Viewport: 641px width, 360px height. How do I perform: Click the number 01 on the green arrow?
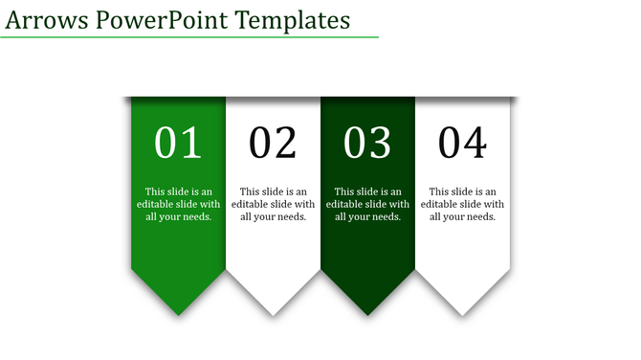pyautogui.click(x=178, y=144)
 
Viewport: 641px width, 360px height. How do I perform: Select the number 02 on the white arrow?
pyautogui.click(x=273, y=144)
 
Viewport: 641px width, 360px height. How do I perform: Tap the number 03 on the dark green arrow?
pyautogui.click(x=367, y=144)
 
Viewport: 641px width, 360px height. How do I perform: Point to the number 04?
pyautogui.click(x=462, y=144)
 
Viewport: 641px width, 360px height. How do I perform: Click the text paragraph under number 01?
pyautogui.click(x=178, y=204)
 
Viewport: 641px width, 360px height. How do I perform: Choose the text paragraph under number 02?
pyautogui.click(x=273, y=204)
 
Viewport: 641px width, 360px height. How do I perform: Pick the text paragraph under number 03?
pyautogui.click(x=367, y=204)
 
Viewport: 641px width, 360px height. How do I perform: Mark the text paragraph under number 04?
pyautogui.click(x=462, y=204)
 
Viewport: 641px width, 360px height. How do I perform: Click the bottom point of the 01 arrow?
pyautogui.click(x=178, y=312)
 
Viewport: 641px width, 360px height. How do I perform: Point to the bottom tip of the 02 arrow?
pyautogui.click(x=273, y=312)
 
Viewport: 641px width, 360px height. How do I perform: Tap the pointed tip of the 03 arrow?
pyautogui.click(x=367, y=312)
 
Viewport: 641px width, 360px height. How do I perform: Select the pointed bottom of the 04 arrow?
pyautogui.click(x=462, y=312)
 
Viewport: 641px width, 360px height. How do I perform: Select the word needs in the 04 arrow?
pyautogui.click(x=479, y=216)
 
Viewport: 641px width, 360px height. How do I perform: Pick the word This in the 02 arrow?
pyautogui.click(x=250, y=191)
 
